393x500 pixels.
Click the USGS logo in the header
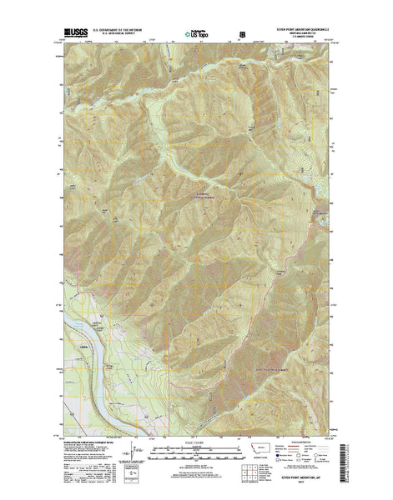point(73,36)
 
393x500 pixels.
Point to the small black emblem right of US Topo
point(243,37)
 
